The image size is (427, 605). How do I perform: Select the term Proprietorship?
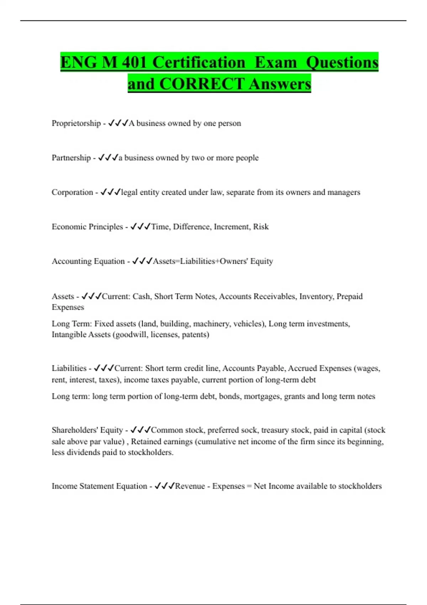pos(76,123)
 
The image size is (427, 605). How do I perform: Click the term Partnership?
pos(71,158)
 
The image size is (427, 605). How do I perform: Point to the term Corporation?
pos(72,192)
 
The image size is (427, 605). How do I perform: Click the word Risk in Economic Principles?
pos(261,227)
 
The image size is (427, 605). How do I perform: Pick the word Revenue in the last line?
pos(190,486)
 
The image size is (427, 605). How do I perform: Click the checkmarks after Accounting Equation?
pos(142,261)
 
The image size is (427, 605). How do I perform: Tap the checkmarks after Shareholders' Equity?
pos(141,430)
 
